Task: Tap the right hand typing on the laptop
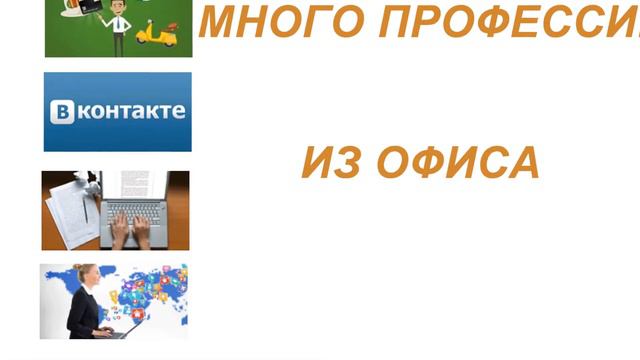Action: (142, 229)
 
